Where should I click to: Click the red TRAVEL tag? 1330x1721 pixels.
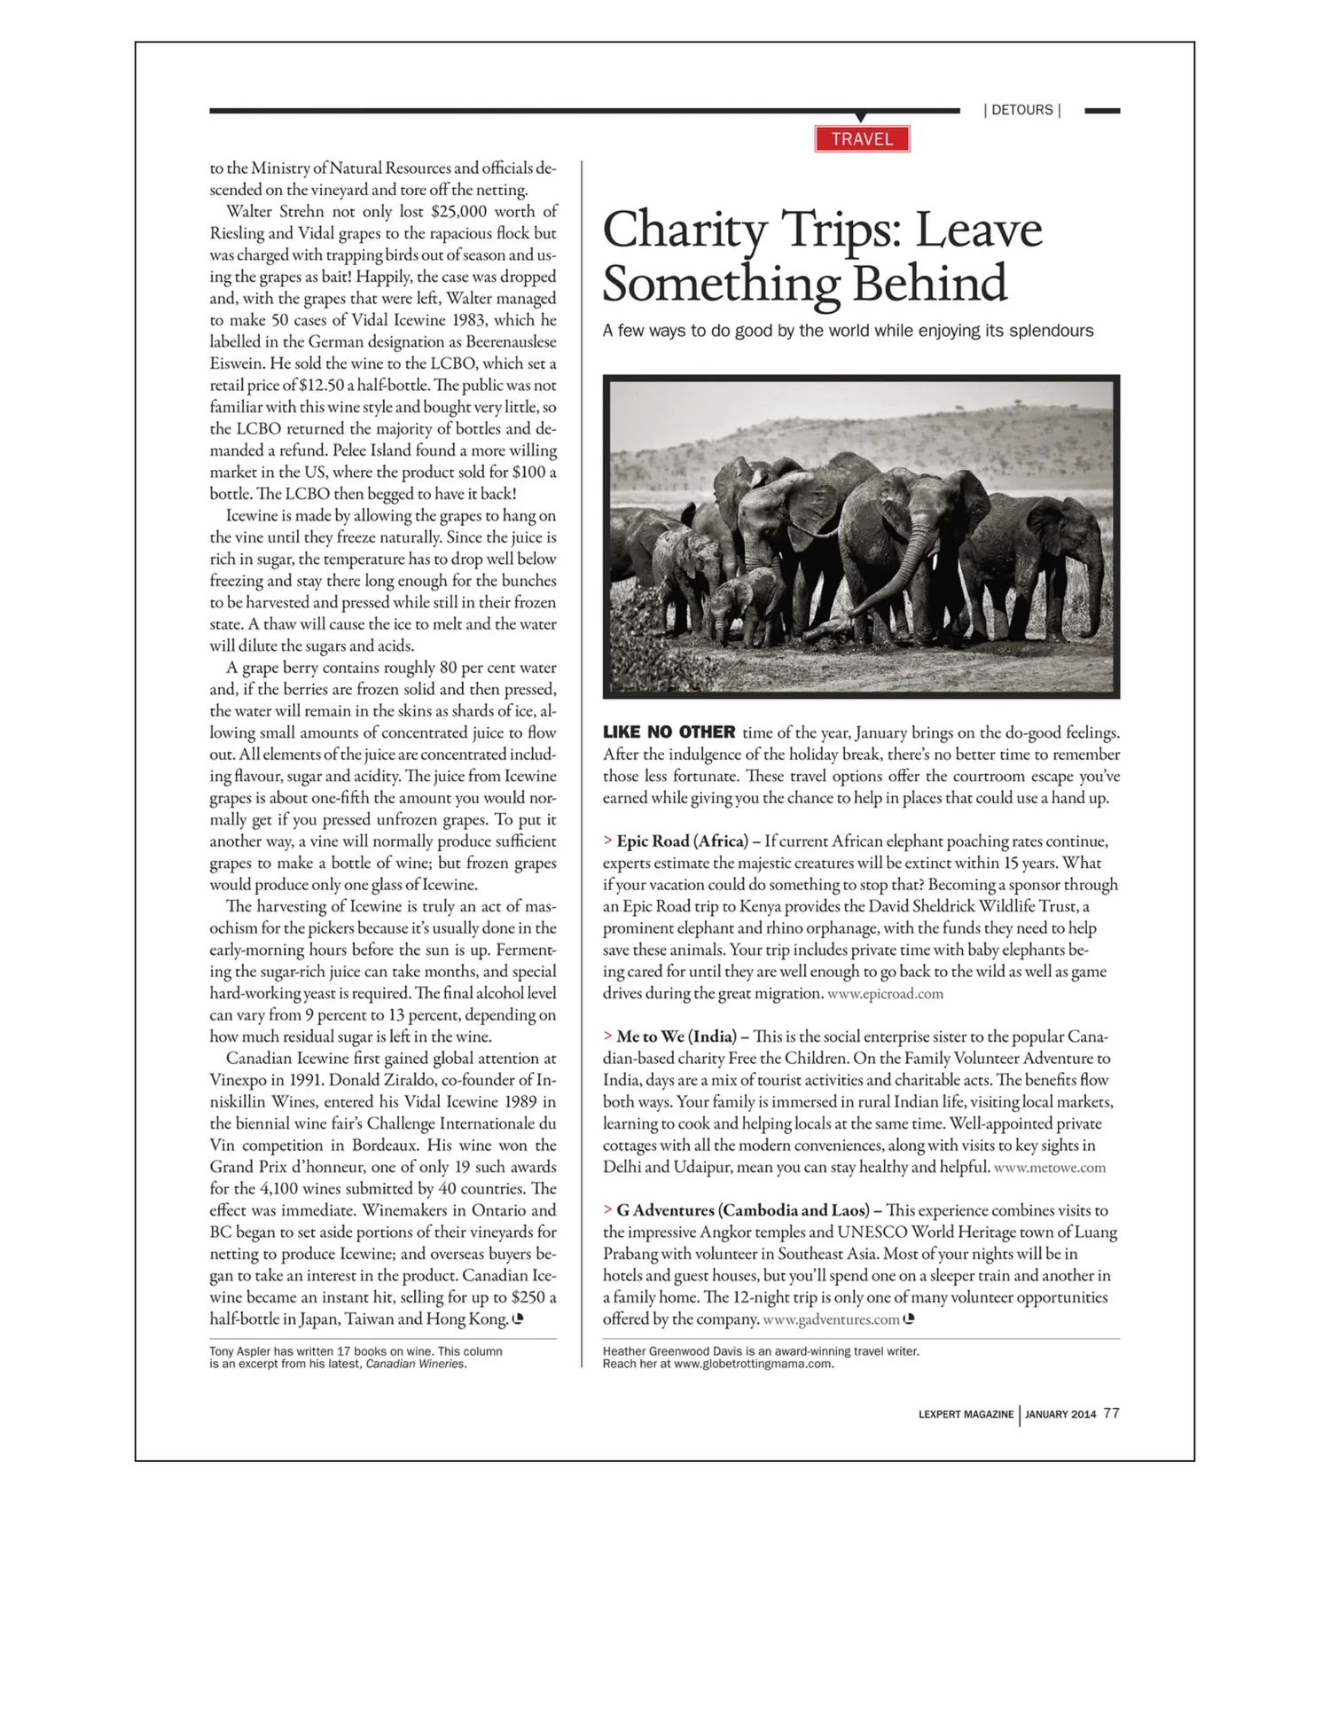862,139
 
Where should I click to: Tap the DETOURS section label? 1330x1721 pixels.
1021,110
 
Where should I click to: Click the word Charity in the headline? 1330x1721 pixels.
684,230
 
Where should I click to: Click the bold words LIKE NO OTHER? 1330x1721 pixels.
669,732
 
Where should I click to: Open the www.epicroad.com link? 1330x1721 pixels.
885,994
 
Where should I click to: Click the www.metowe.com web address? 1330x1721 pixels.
1050,1168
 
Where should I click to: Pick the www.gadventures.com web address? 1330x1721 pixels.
831,1319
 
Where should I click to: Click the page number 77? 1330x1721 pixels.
1111,1413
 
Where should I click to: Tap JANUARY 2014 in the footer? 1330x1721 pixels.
1060,1414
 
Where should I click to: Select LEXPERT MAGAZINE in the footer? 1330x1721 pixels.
966,1414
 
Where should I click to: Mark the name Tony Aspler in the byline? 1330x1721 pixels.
239,1351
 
